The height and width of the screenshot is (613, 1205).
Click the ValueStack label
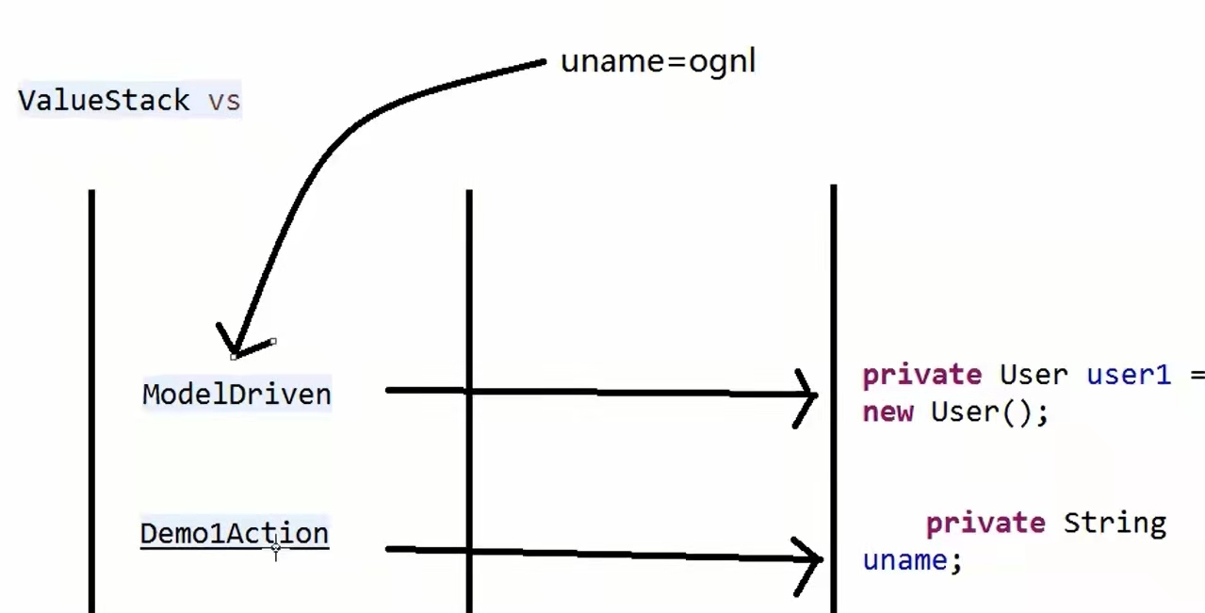(104, 100)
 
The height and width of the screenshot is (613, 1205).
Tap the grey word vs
(224, 100)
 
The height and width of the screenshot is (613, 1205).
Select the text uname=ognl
(658, 62)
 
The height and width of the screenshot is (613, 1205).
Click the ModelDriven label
(236, 394)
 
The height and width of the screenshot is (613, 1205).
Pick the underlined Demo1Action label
(235, 534)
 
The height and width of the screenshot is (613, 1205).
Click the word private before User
(921, 375)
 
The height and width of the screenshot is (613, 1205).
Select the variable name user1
(1129, 375)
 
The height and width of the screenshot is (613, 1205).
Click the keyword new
(887, 412)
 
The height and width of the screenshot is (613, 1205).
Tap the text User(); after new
(989, 412)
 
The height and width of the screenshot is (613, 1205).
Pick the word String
(1115, 523)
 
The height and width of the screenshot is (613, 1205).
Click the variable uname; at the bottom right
(912, 561)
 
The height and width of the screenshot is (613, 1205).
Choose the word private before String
(985, 523)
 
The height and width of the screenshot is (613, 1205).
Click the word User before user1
(1034, 375)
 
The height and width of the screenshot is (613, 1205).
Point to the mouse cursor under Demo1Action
(275, 548)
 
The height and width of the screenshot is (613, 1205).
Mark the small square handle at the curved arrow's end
(272, 342)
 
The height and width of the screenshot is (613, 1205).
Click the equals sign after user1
(1197, 375)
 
